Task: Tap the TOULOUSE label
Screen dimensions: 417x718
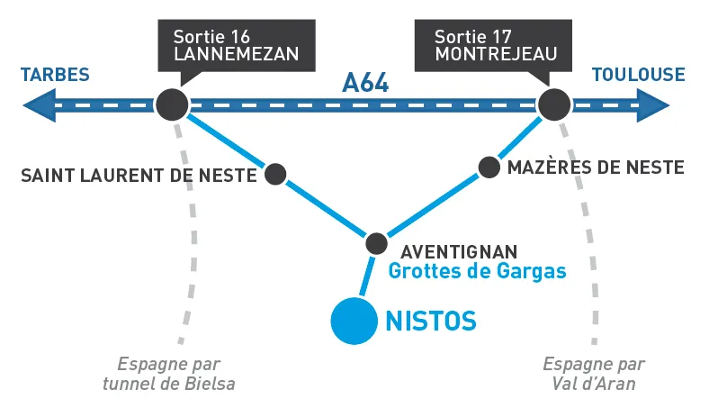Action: click(637, 75)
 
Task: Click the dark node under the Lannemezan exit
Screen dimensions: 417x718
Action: click(171, 104)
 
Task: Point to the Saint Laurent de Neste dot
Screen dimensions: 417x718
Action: click(275, 174)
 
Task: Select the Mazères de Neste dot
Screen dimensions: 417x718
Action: click(489, 167)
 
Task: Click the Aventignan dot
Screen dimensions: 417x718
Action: click(376, 242)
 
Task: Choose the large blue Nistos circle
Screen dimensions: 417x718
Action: click(353, 321)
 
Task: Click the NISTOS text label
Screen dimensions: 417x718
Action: click(430, 320)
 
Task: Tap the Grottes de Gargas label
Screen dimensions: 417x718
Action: click(477, 270)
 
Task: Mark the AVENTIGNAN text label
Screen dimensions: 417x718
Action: click(459, 250)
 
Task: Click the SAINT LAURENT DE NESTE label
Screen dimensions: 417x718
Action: click(139, 175)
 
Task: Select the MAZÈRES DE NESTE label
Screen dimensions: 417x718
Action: click(596, 168)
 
